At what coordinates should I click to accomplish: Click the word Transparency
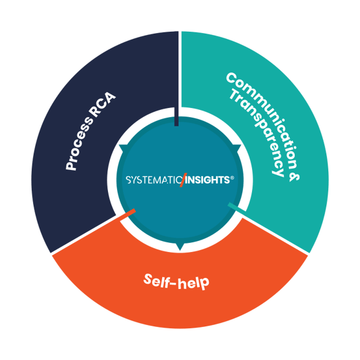point(257,133)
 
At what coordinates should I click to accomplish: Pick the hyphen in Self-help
point(173,284)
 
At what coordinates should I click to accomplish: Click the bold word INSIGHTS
point(207,180)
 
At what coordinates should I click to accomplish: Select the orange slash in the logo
point(183,180)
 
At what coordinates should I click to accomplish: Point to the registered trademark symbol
point(232,178)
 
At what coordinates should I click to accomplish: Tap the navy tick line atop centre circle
point(176,116)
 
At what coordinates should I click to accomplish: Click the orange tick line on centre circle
point(128,215)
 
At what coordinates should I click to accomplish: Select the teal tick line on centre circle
point(237,207)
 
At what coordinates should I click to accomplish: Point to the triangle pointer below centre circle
point(180,247)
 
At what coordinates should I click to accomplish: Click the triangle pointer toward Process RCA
point(123,148)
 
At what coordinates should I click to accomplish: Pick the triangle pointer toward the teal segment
point(237,148)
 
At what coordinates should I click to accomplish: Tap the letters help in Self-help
point(193,283)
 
